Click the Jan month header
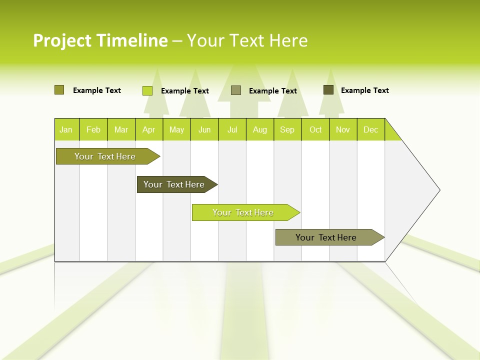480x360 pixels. pos(66,129)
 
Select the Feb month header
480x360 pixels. pos(93,129)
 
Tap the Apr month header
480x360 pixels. pos(148,129)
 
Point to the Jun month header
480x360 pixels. pos(204,129)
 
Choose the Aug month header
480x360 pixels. pos(259,129)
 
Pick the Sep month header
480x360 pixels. pos(287,129)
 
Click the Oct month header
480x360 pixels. pos(315,129)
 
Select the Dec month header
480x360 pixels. pos(370,129)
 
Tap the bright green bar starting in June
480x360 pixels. pos(243,212)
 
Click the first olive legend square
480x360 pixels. pos(59,90)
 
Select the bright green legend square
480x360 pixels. pos(147,90)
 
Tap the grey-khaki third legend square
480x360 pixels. pos(236,90)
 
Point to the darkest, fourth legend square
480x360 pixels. pos(328,90)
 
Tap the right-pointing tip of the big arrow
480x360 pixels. pos(438,190)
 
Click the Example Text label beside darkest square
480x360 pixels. pos(364,90)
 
